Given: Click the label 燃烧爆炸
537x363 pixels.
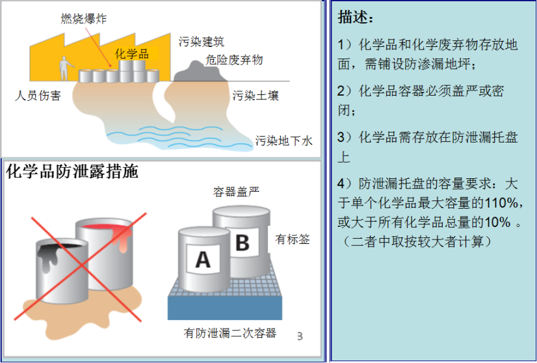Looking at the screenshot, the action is point(84,18).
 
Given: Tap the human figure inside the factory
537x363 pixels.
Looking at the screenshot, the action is point(65,68).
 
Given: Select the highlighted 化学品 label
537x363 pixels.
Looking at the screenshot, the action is point(132,53).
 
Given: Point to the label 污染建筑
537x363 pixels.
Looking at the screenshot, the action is point(202,42).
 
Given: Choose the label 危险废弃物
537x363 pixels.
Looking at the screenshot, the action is point(234,60).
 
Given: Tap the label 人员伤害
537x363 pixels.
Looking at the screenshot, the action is point(38,95).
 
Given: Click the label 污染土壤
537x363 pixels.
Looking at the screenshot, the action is point(255,95).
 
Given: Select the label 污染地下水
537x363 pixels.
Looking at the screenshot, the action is point(284,141).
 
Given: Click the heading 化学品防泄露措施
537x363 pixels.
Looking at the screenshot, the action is point(72,171).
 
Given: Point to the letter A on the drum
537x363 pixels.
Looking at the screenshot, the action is point(203,260).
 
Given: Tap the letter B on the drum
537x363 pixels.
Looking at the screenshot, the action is point(242,242).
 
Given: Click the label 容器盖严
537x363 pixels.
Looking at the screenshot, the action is point(236,192).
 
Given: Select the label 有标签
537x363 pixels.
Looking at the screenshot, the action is point(293,239).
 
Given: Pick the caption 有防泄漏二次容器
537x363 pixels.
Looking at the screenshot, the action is point(229,333).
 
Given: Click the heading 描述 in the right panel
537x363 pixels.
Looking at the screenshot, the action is point(355,17).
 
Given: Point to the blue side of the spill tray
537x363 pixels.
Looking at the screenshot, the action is point(225,308).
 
